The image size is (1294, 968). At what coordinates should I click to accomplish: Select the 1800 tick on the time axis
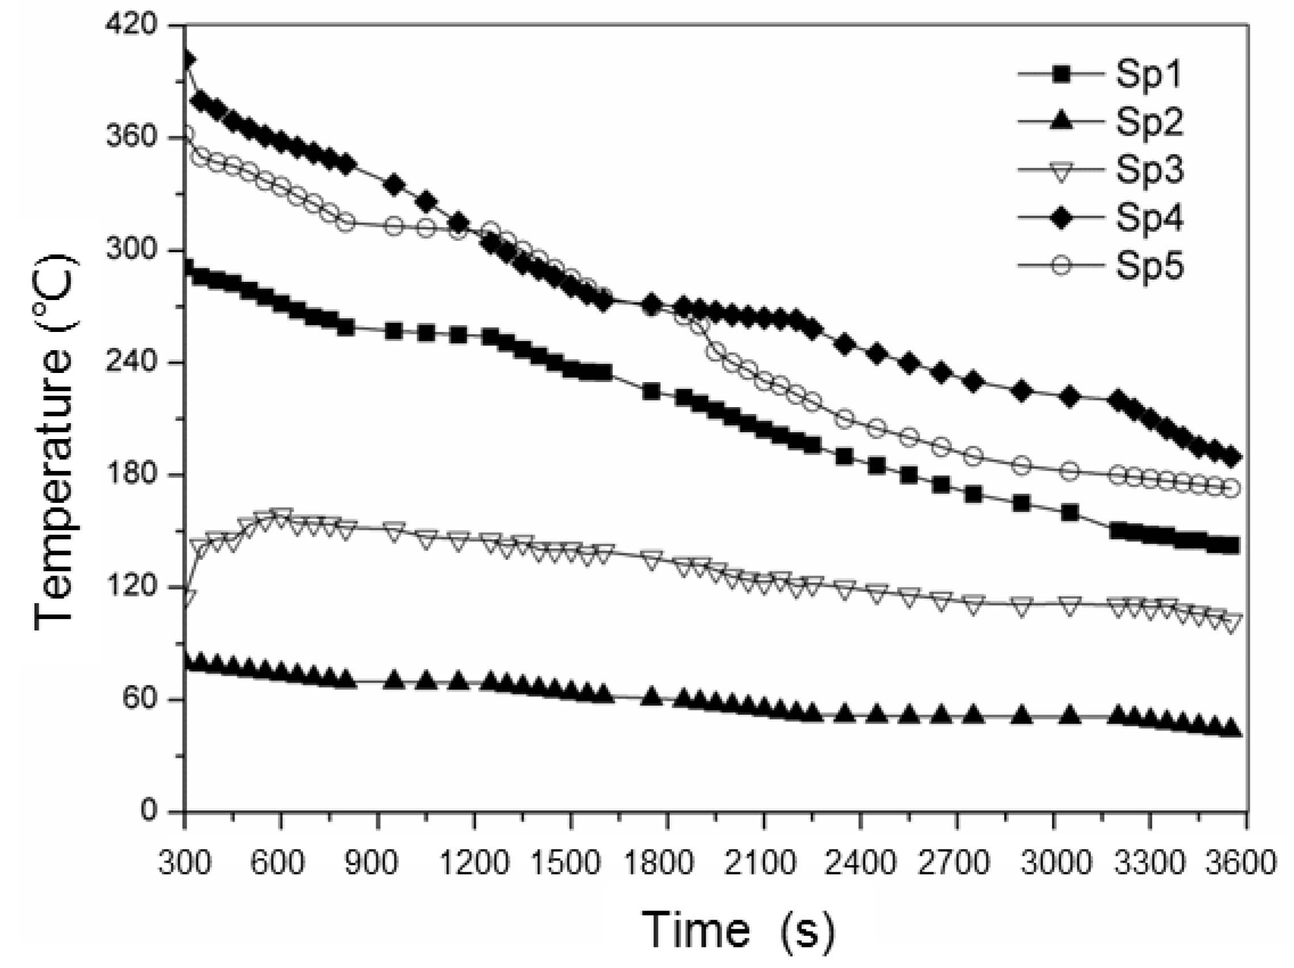coord(666,864)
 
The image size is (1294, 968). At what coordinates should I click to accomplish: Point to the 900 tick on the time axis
coord(377,864)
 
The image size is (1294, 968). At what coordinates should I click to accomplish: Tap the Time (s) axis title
coord(738,930)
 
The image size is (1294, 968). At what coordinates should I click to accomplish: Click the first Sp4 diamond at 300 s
coord(187,60)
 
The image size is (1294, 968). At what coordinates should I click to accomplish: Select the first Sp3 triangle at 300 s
coord(187,597)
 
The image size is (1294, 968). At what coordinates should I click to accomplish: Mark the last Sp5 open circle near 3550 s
coord(1231,488)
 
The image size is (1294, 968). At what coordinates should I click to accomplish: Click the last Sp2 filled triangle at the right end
coord(1231,729)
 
